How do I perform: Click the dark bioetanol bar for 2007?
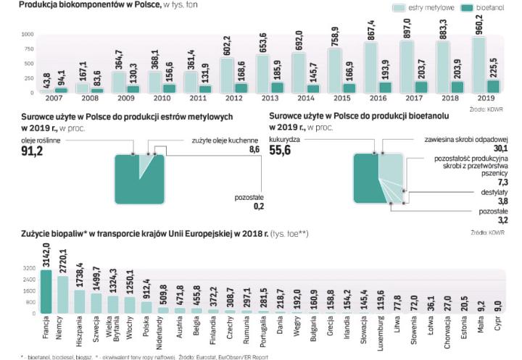(61, 90)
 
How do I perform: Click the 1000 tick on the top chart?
(27, 35)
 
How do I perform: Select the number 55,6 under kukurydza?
(283, 150)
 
